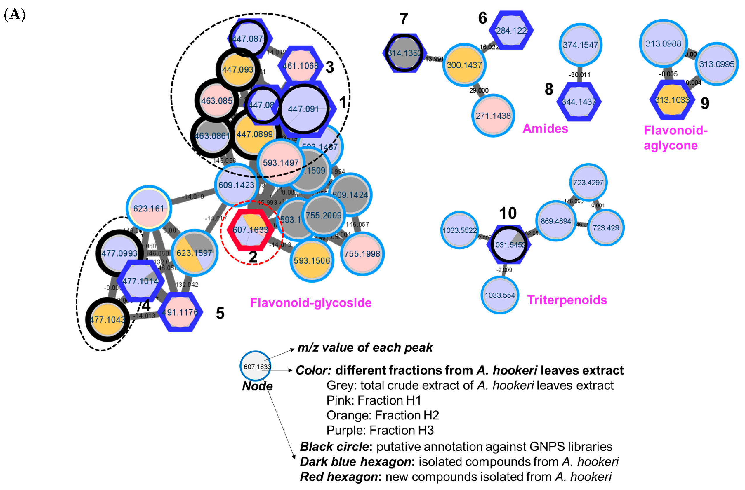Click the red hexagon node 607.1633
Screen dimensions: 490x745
[x=250, y=230]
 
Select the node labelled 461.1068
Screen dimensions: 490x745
[x=300, y=66]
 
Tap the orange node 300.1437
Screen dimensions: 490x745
[x=464, y=65]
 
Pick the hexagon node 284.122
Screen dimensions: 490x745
[x=511, y=31]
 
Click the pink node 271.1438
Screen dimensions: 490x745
[x=493, y=116]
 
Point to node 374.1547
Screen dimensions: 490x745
[x=580, y=45]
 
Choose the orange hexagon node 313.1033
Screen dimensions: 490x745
[x=672, y=100]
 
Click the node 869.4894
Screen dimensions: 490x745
[x=556, y=221]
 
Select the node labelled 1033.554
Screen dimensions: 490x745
[x=500, y=295]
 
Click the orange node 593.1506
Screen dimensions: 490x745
[x=312, y=260]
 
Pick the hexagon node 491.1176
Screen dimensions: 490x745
[x=180, y=312]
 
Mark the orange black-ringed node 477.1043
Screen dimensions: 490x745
[x=107, y=320]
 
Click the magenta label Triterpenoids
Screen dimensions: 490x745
[x=567, y=300]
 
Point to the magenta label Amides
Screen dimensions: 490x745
[x=545, y=129]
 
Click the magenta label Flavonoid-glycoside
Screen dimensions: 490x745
[x=311, y=303]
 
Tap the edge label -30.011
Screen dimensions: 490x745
[x=579, y=75]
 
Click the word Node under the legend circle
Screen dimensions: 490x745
[x=257, y=386]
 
